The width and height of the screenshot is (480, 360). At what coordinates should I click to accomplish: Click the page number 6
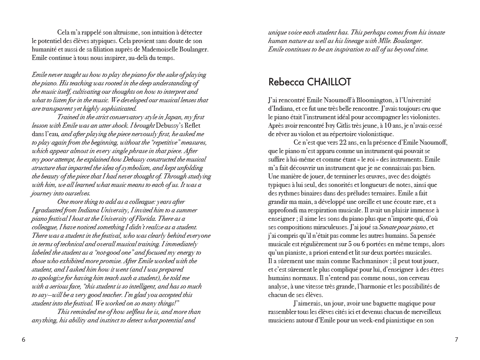[x=23, y=340]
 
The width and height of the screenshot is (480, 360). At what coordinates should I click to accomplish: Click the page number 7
[x=456, y=340]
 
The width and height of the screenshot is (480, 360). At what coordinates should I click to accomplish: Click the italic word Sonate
[x=388, y=227]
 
